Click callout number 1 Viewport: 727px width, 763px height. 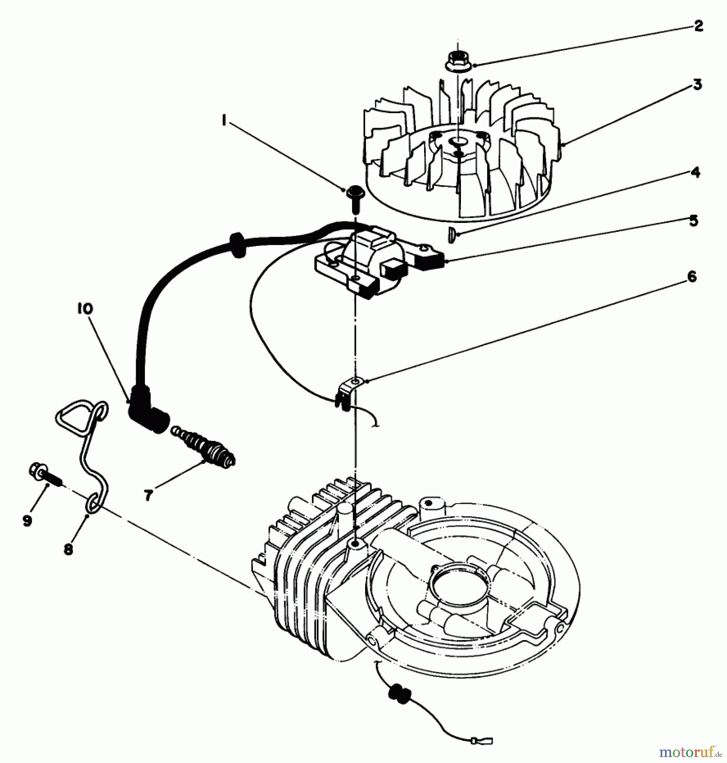click(x=223, y=121)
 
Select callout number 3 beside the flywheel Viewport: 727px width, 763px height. click(x=697, y=85)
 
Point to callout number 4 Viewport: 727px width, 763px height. click(x=695, y=173)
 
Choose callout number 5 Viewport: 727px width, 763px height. click(x=693, y=221)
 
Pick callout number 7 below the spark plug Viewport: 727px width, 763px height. click(x=148, y=495)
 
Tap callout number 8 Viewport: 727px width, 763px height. click(x=68, y=549)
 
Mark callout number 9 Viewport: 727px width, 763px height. click(x=27, y=521)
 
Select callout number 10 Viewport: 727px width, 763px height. click(x=85, y=309)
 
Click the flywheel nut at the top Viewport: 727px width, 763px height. click(x=458, y=61)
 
